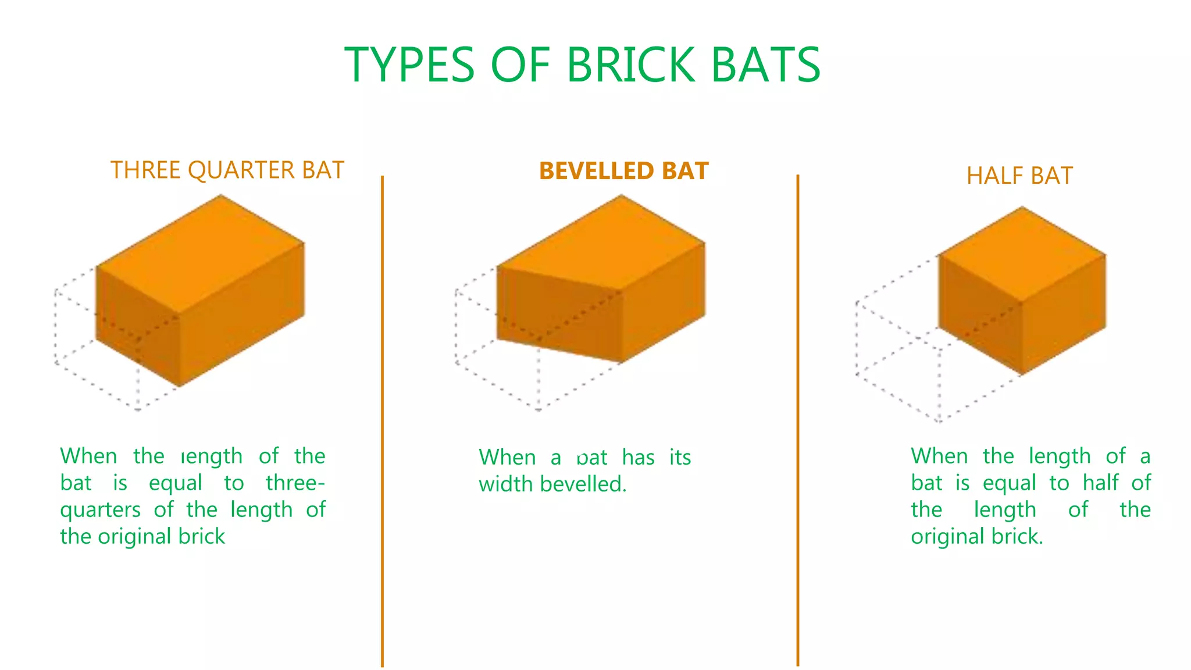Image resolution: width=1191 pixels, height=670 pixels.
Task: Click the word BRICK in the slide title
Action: tap(630, 65)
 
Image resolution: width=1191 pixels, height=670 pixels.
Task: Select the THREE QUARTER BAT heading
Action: tap(227, 170)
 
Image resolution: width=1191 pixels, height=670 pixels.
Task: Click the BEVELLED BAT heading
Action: tap(623, 171)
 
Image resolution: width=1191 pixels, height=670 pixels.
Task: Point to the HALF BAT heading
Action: tap(1019, 176)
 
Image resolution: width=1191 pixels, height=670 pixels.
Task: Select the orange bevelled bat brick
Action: tap(605, 279)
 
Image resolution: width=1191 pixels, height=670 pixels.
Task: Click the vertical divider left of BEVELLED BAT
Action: tap(382, 419)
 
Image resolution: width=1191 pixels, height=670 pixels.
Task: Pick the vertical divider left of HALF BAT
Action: tap(797, 419)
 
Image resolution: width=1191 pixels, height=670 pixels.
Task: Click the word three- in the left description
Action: tap(295, 483)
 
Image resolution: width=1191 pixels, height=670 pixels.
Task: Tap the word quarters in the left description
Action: tap(100, 510)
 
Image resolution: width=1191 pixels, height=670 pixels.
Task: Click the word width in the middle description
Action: tap(505, 484)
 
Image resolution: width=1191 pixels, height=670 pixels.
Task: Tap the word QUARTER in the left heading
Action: tap(241, 170)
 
